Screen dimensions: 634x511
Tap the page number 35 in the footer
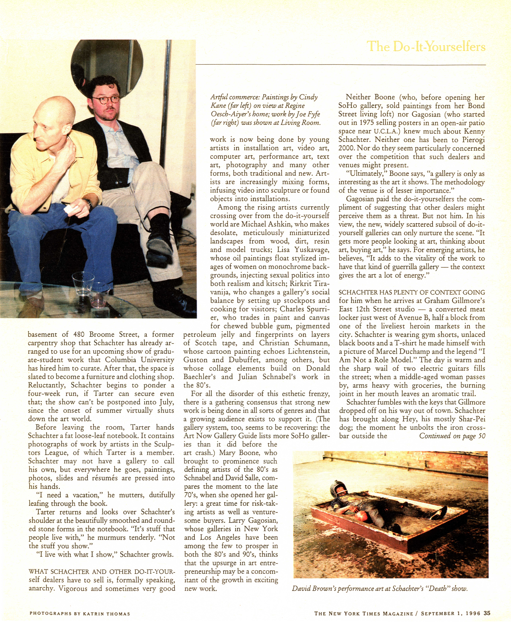click(487, 613)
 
